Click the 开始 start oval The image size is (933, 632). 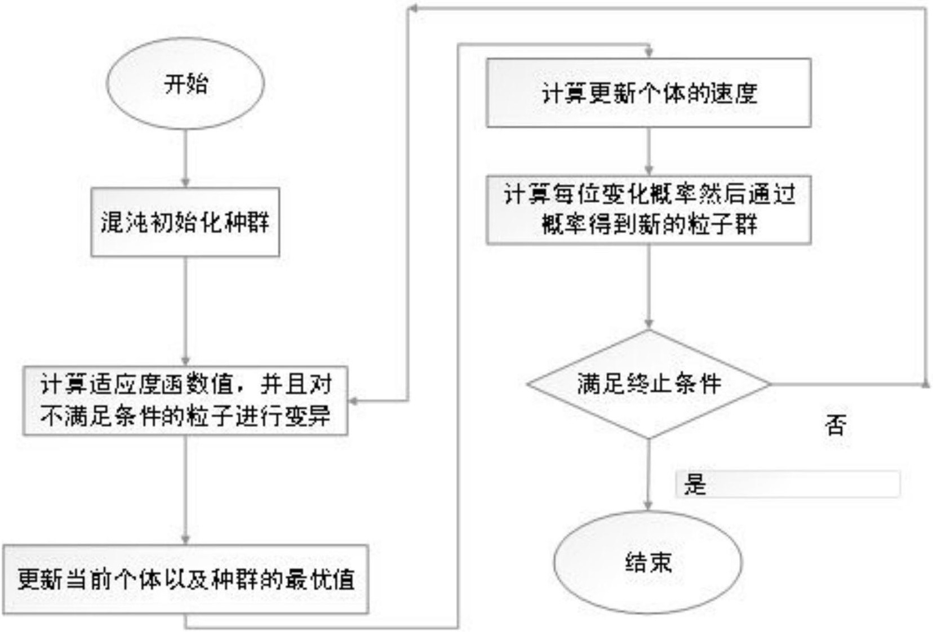click(x=185, y=83)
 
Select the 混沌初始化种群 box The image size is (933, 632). click(x=185, y=222)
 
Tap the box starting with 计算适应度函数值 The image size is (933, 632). click(x=185, y=400)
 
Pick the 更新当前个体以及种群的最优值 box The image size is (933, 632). click(x=185, y=579)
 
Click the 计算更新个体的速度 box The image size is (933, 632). click(x=648, y=93)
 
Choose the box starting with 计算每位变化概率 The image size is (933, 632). click(x=648, y=210)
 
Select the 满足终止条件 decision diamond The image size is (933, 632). click(x=648, y=384)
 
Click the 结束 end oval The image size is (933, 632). click(x=648, y=562)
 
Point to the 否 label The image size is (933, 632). click(x=836, y=425)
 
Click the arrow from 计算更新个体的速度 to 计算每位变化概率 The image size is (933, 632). click(x=648, y=150)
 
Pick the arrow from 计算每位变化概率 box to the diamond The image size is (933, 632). click(x=648, y=286)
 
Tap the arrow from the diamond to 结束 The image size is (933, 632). click(x=648, y=474)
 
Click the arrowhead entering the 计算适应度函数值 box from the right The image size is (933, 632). click(x=353, y=401)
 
